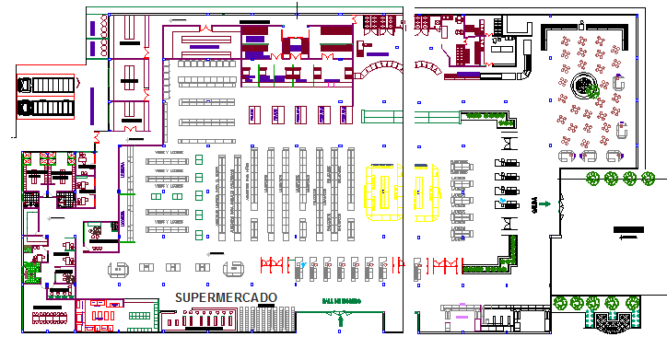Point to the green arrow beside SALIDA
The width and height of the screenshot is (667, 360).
point(545,204)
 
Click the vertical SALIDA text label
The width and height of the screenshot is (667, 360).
point(534,204)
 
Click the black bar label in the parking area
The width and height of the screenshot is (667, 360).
point(630,228)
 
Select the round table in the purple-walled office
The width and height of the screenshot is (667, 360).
point(94,234)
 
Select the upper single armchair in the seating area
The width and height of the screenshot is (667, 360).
point(618,85)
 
